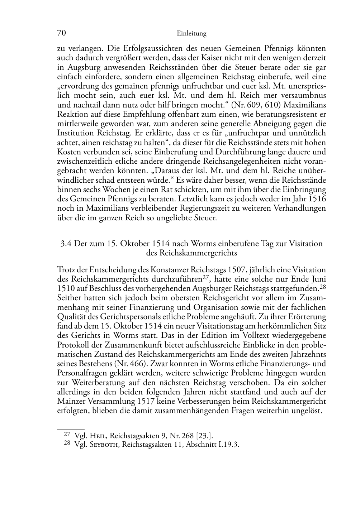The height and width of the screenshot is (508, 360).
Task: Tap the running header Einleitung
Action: point(191,34)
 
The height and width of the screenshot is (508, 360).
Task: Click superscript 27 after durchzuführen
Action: point(206,277)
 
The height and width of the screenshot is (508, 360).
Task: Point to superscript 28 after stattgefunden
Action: point(322,286)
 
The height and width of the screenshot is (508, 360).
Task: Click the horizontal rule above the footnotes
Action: point(71,429)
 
